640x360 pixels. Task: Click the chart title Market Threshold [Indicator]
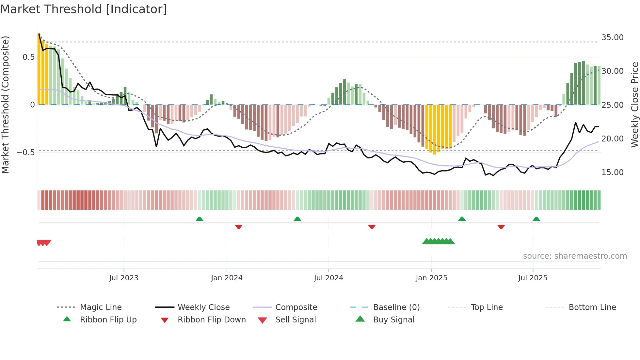pos(84,9)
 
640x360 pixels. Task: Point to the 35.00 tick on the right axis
pos(612,38)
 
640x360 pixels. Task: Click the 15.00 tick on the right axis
pos(612,172)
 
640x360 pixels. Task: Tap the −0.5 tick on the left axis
pos(25,153)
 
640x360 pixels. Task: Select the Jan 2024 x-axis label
pos(227,278)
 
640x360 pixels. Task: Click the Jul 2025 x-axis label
pos(533,278)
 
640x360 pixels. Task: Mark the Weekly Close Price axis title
pos(634,105)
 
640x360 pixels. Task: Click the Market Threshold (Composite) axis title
pos(5,105)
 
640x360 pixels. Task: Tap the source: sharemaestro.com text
pos(575,256)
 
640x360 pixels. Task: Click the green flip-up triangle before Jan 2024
pos(200,219)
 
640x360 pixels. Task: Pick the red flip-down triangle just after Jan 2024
pos(239,227)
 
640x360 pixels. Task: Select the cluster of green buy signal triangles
pos(438,241)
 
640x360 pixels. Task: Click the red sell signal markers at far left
pos(44,243)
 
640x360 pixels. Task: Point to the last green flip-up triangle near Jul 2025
pos(536,219)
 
